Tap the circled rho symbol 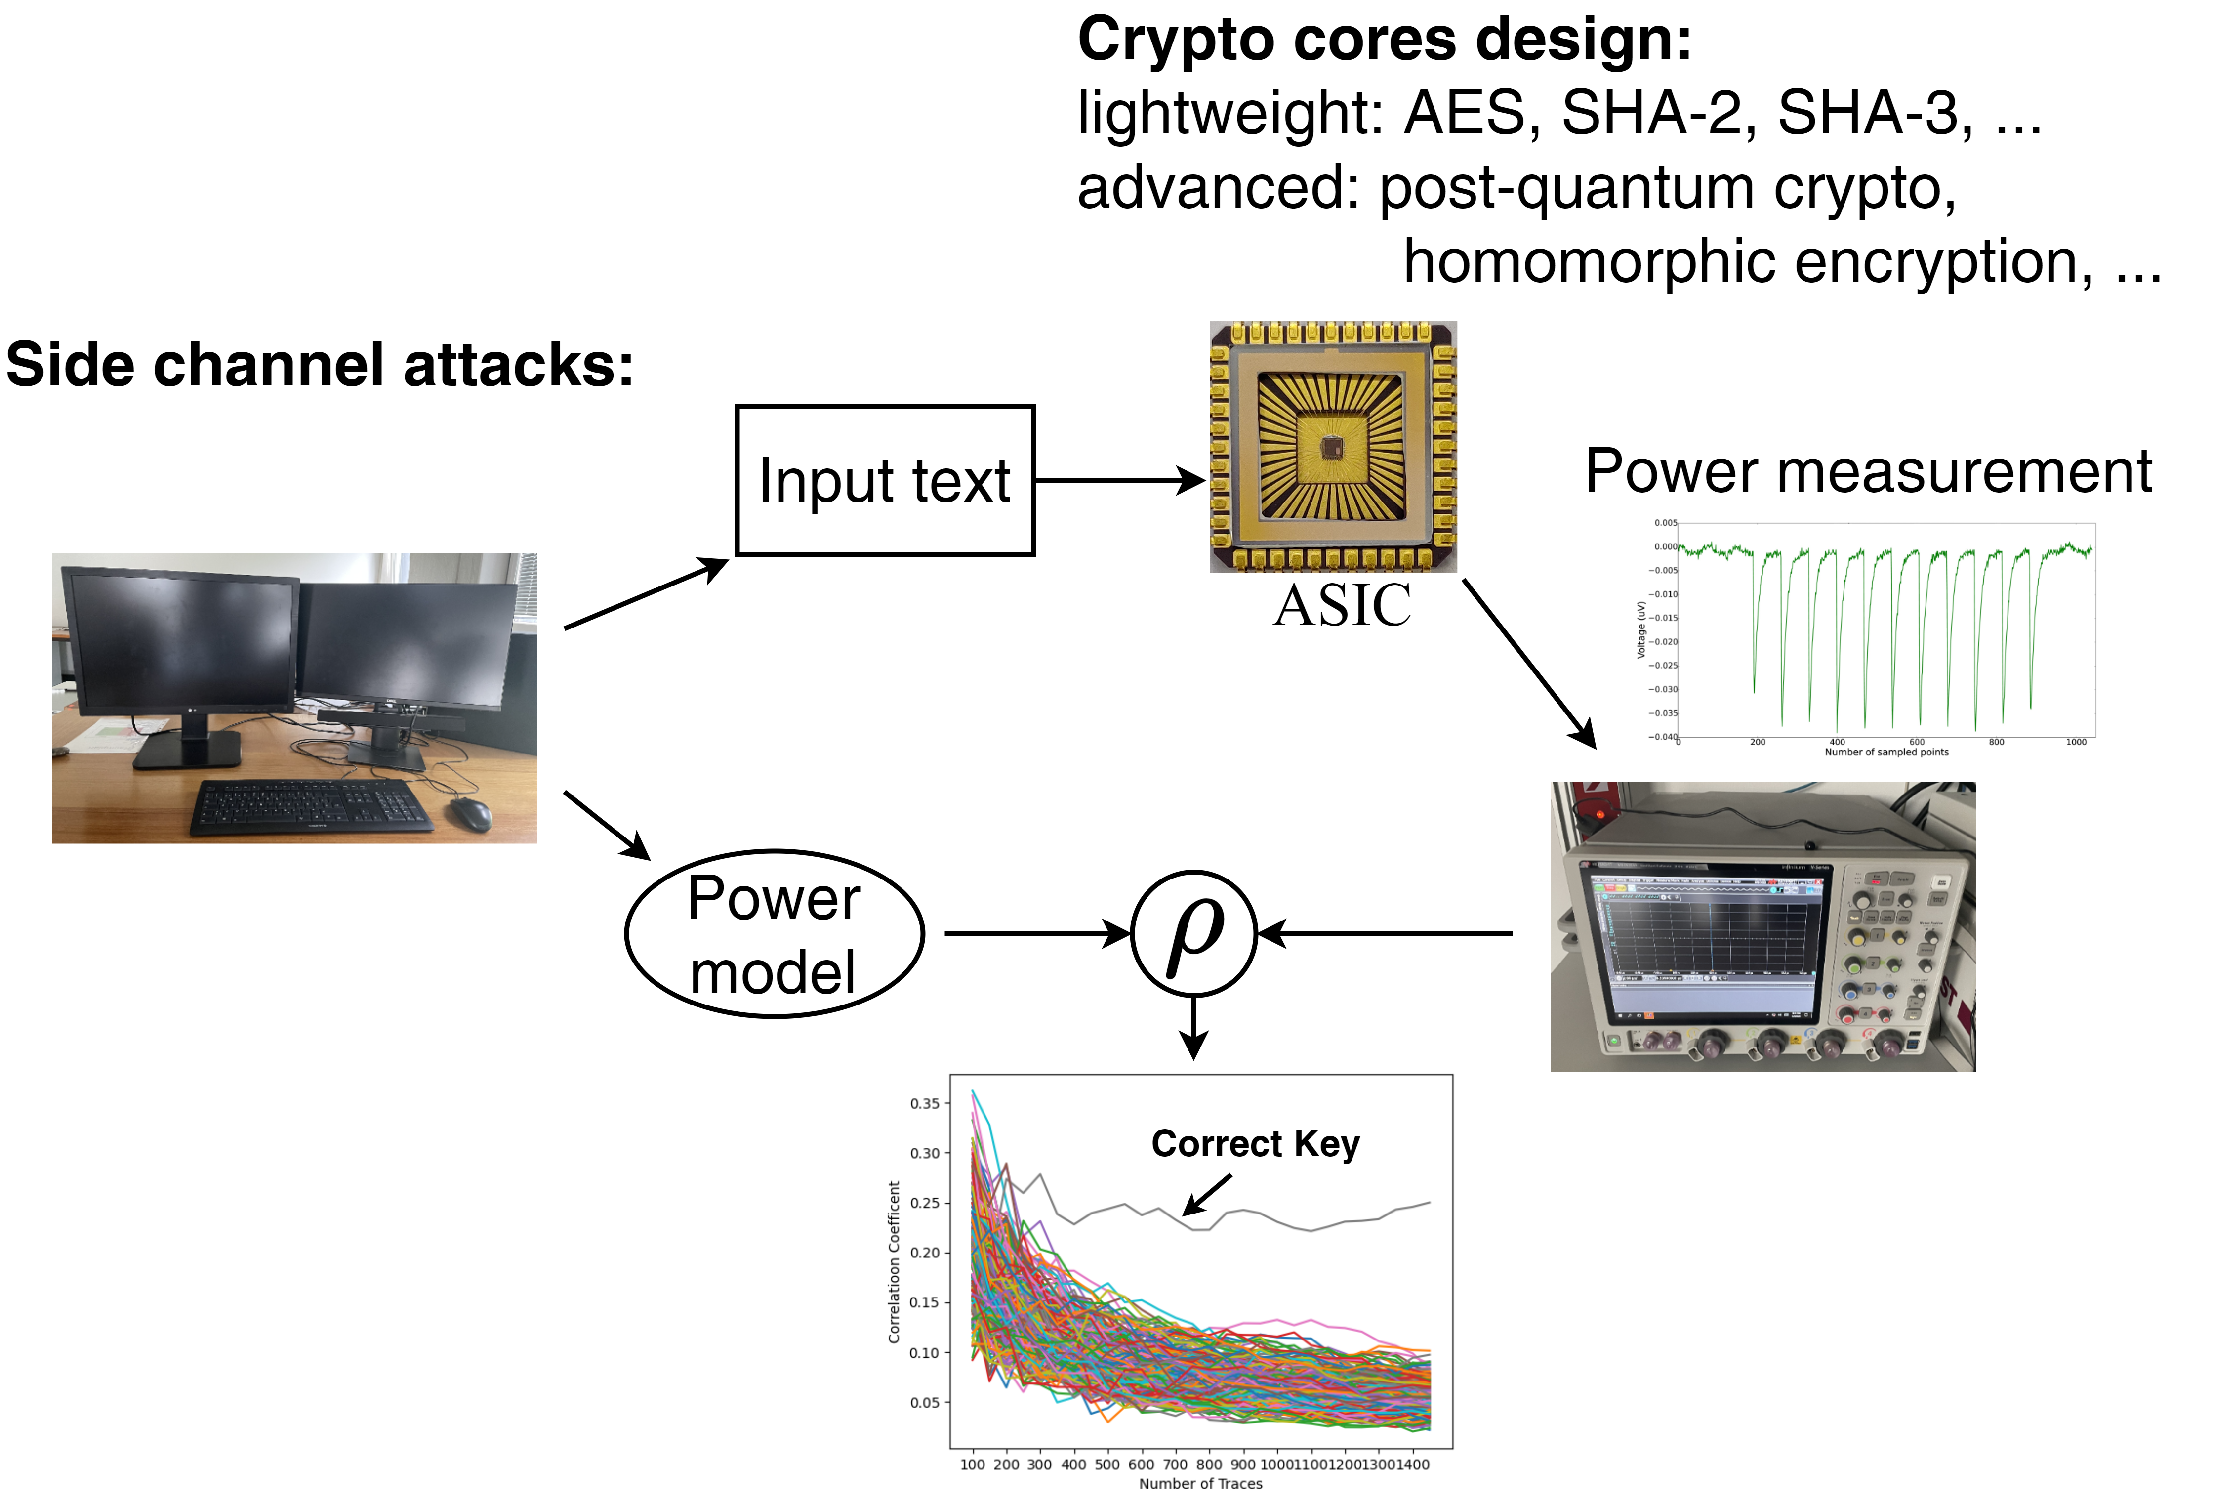click(x=1193, y=932)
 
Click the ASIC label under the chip click(x=1342, y=606)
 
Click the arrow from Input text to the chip click(x=1119, y=480)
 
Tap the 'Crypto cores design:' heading click(x=1384, y=40)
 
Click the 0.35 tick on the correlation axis click(x=924, y=1103)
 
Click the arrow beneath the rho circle click(x=1193, y=1029)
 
